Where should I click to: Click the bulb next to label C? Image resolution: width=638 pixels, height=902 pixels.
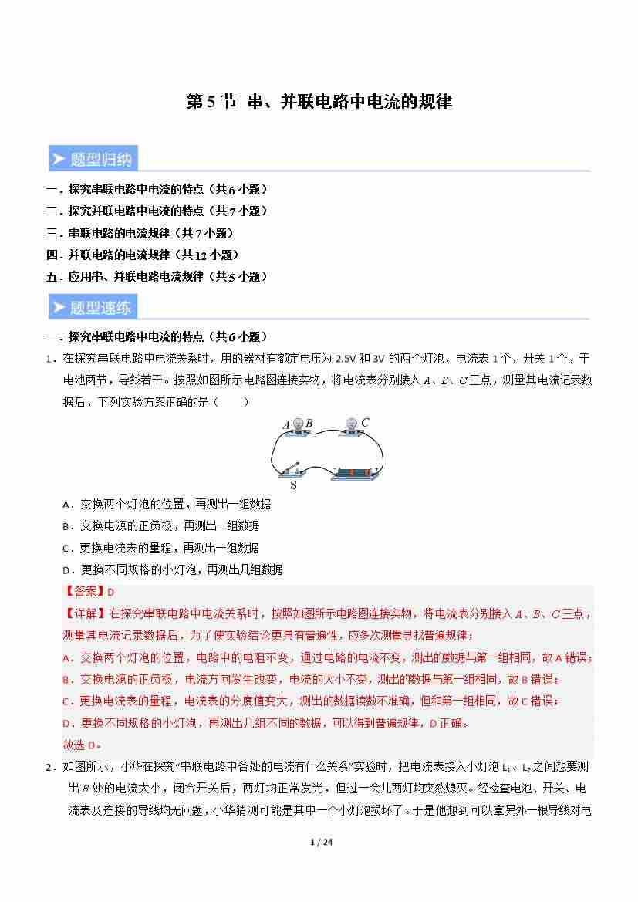[351, 425]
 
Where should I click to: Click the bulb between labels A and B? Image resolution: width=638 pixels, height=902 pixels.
[297, 425]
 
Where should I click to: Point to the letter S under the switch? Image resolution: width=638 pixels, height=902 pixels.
[293, 486]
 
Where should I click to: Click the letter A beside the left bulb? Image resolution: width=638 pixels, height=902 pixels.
[286, 424]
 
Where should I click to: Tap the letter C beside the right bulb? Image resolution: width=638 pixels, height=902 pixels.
[365, 422]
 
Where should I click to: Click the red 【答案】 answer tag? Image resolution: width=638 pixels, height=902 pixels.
[83, 592]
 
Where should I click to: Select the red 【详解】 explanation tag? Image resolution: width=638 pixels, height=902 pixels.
[83, 614]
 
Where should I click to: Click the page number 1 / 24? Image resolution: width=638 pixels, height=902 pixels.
[319, 842]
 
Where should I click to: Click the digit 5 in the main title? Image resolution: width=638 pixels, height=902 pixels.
[211, 102]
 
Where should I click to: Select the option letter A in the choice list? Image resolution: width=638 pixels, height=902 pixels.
[66, 505]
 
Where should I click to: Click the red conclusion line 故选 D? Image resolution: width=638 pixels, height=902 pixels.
[82, 745]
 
